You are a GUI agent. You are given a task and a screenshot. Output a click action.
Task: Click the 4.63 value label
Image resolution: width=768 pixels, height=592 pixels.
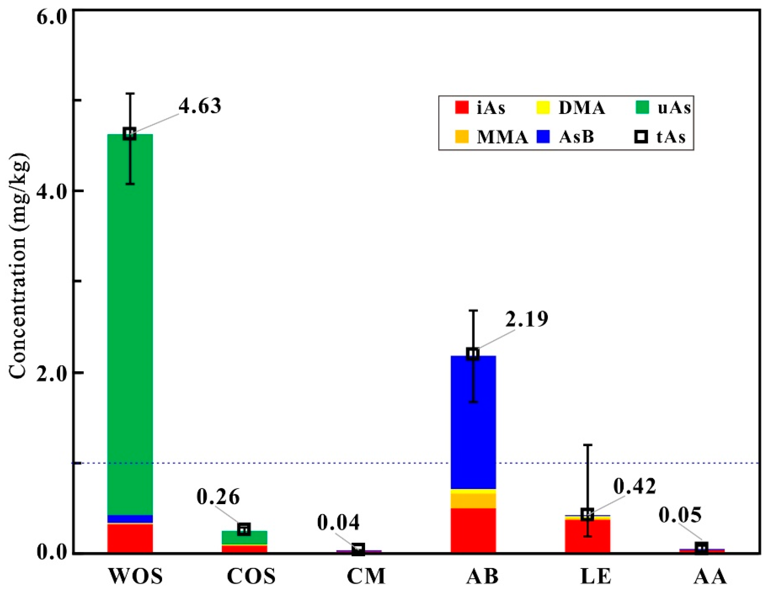[200, 106]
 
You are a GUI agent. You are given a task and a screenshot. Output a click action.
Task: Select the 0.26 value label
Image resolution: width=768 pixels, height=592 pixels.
[218, 497]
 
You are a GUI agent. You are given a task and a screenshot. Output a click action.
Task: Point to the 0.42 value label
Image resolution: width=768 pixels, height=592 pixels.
[634, 487]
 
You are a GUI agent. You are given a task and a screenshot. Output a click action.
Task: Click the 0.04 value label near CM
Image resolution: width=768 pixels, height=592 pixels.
[338, 522]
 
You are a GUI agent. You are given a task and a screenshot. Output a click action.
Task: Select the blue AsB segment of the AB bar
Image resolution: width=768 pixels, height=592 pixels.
[473, 421]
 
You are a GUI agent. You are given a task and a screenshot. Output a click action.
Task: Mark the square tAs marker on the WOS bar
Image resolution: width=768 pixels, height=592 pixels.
[130, 134]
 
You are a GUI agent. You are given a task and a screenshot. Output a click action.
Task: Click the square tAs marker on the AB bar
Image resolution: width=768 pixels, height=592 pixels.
[473, 354]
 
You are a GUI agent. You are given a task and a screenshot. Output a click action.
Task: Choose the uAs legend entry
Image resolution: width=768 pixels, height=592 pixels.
[663, 108]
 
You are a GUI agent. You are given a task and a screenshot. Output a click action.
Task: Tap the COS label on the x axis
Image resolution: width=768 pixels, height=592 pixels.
[251, 577]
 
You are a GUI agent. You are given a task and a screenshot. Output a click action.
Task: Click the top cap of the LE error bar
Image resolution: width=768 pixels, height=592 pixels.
[588, 445]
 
